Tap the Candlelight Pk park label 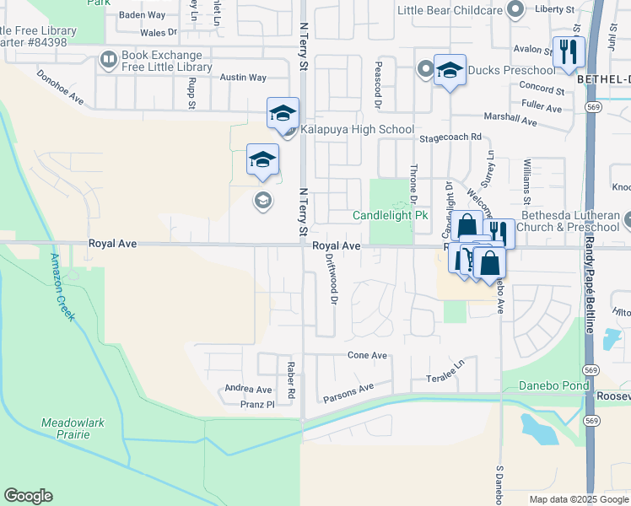tap(391, 216)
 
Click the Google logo tap(28, 496)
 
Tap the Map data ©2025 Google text tap(579, 499)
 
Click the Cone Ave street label tap(367, 356)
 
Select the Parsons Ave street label tap(348, 392)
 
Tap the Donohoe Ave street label tap(61, 87)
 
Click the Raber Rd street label tap(289, 380)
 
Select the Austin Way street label tap(243, 78)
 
